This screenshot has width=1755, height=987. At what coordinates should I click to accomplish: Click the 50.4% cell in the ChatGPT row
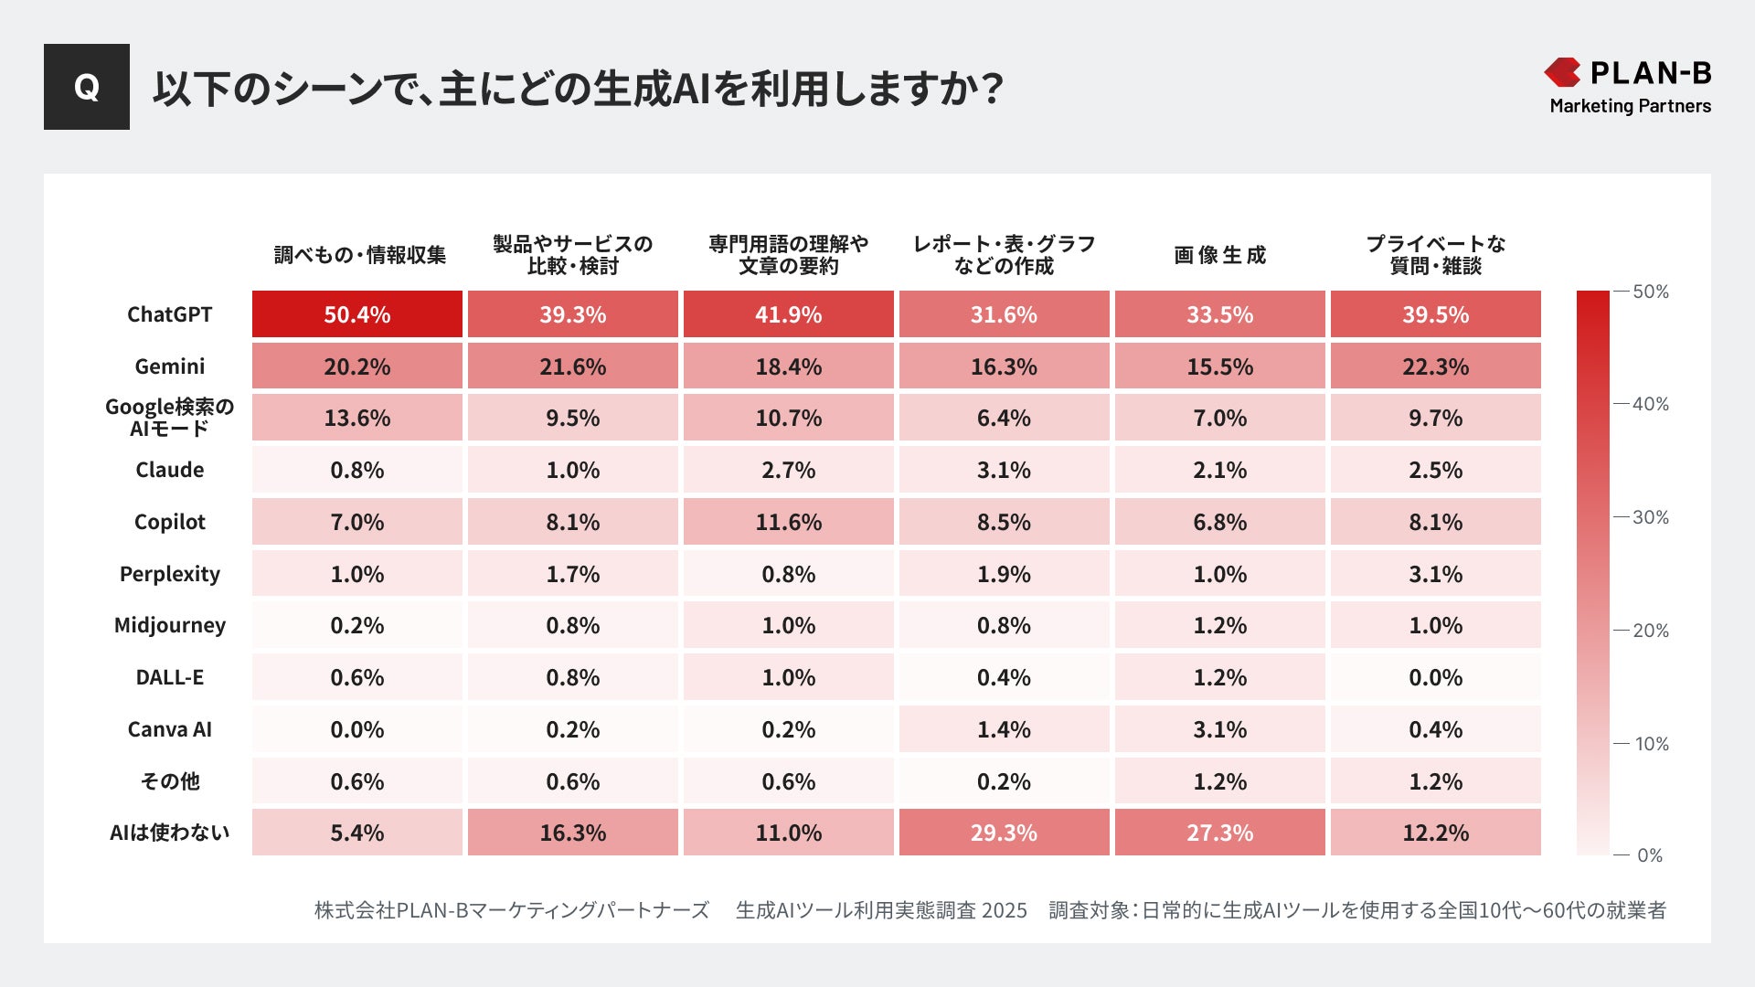click(356, 314)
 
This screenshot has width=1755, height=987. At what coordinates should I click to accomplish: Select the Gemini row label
click(169, 366)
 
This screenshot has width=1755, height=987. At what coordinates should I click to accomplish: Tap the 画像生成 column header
click(1219, 255)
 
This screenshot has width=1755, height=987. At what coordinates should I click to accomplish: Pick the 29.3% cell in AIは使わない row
click(1004, 833)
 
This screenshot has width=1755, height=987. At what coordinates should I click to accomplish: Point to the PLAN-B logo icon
click(1562, 72)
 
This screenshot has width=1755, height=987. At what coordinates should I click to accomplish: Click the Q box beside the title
click(87, 87)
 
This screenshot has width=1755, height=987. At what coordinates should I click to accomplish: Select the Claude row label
click(169, 470)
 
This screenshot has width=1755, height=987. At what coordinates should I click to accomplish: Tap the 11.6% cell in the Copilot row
click(788, 522)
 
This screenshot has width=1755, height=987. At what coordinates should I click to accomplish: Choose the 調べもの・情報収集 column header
click(360, 255)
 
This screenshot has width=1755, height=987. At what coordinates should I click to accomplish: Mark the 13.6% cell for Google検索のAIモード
click(356, 418)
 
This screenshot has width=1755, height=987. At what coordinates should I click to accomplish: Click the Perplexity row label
click(169, 574)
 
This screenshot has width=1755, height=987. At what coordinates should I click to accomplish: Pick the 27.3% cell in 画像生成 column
click(1219, 833)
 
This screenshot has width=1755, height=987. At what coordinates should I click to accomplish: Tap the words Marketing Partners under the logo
click(1630, 106)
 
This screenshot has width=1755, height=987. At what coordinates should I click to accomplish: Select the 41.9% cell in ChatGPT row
click(788, 314)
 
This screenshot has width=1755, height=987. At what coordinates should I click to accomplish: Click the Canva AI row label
click(169, 729)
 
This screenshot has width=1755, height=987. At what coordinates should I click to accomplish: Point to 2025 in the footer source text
click(1004, 910)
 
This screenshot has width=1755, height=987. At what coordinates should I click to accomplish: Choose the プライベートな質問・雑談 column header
click(1435, 255)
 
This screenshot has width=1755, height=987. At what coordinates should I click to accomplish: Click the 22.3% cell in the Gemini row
click(1435, 366)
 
